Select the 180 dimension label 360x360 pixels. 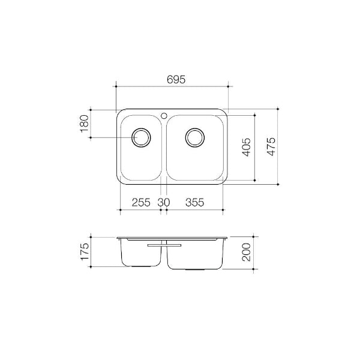(84, 124)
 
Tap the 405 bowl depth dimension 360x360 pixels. (247, 146)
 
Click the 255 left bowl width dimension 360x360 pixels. (140, 202)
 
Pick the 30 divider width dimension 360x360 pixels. (164, 202)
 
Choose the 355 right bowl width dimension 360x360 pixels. (194, 202)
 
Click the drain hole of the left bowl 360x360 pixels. (142, 137)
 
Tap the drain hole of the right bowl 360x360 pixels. (194, 137)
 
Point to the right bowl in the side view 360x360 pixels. (195, 254)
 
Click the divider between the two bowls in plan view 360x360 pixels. (164, 147)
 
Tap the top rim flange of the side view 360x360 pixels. (172, 238)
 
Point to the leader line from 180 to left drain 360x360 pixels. (111, 137)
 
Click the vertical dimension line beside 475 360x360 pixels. (279, 146)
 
